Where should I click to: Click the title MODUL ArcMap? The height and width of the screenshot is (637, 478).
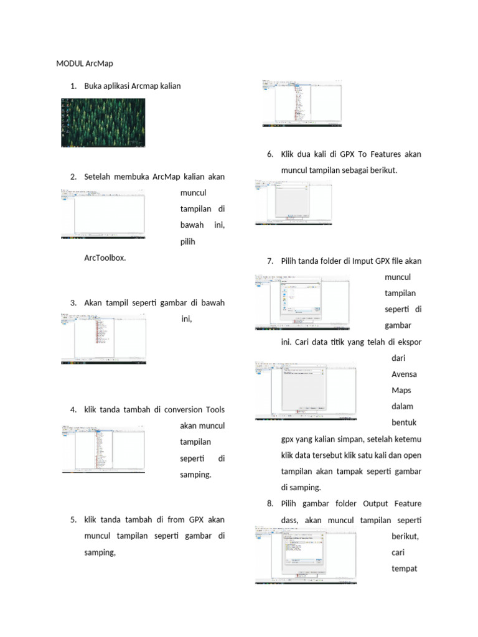85,63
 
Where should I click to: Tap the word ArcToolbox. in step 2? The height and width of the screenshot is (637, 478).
105,257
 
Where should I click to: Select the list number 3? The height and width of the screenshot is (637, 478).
73,303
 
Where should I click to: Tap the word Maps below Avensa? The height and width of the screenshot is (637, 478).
401,391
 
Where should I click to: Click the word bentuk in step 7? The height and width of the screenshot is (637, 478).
404,423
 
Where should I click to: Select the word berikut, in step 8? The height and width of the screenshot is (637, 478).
406,536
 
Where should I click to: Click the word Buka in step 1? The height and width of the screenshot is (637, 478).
93,86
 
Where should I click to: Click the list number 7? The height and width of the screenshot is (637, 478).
269,261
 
